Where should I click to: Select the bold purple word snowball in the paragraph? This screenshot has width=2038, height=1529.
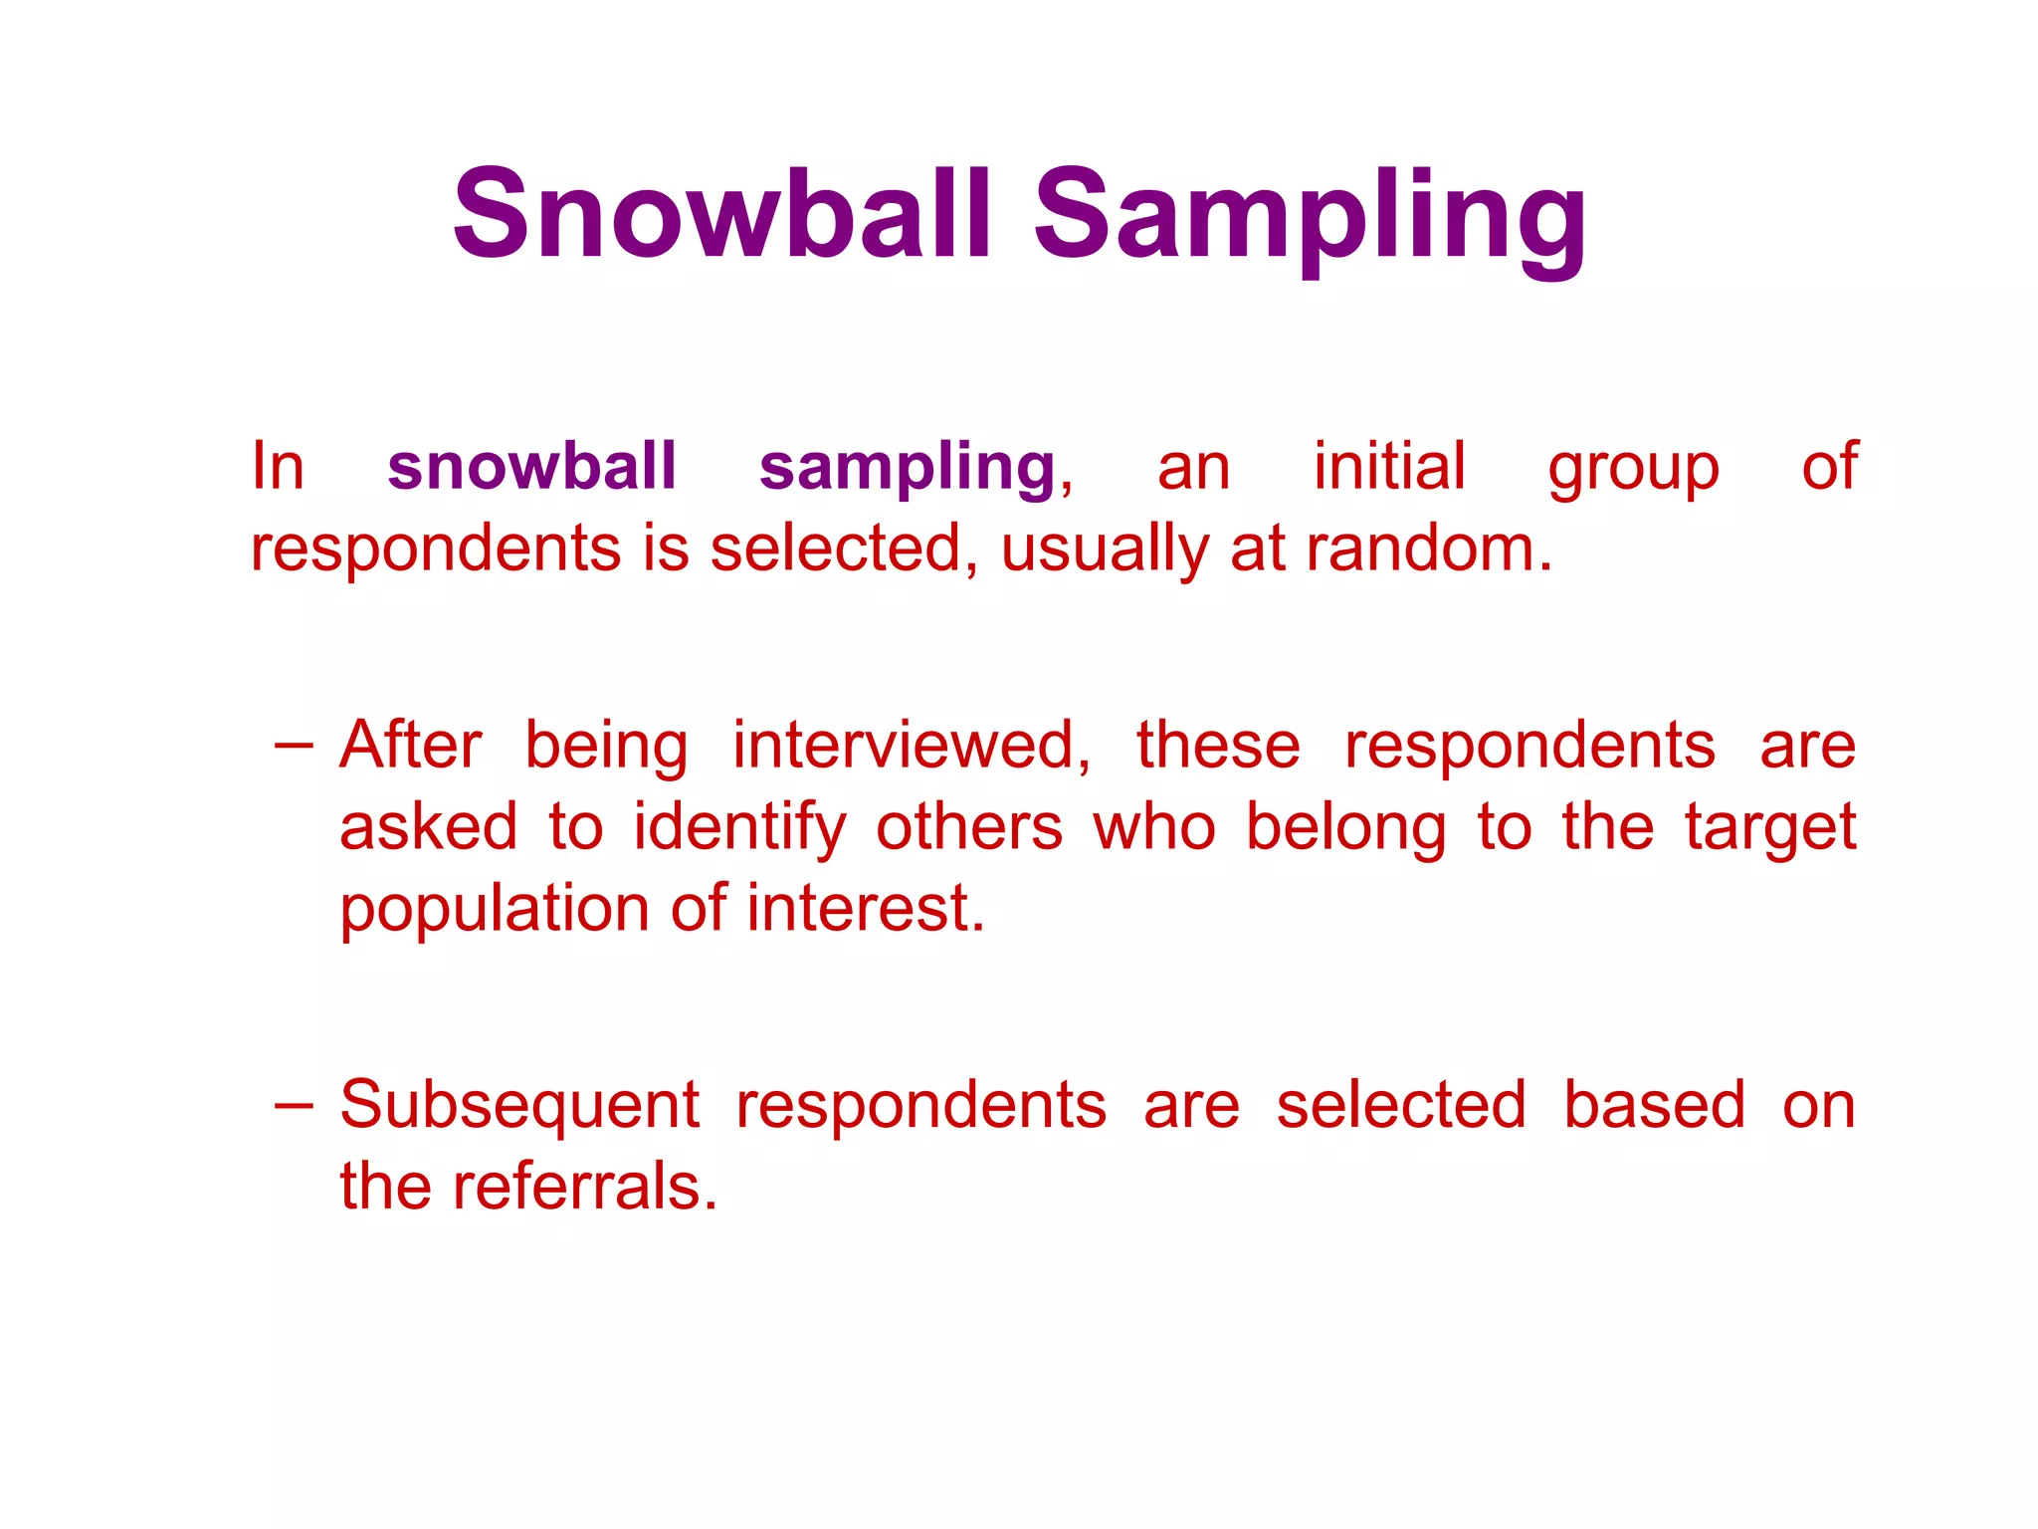(x=531, y=466)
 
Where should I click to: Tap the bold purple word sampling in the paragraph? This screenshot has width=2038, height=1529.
(x=907, y=468)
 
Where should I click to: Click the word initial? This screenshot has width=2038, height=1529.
(x=1389, y=466)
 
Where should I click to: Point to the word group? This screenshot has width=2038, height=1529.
(x=1633, y=470)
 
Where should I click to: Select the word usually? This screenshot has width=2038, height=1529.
(x=1105, y=550)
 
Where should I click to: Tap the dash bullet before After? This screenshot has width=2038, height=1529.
(x=294, y=744)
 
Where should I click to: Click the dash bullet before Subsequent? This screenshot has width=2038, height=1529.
(x=294, y=1104)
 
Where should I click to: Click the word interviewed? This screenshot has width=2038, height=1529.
(x=912, y=746)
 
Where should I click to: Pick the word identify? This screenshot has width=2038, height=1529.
(x=740, y=828)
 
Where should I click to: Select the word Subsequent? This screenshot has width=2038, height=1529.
(x=519, y=1106)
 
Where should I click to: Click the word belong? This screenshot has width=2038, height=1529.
(x=1345, y=828)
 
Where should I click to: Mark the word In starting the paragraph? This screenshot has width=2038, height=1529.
(x=278, y=466)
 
